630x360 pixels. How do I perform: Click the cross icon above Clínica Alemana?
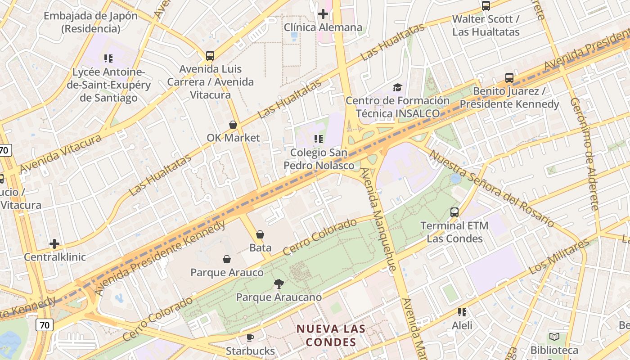(323, 14)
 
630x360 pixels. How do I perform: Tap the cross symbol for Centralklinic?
(54, 244)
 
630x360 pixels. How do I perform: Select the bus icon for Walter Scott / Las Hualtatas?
(486, 6)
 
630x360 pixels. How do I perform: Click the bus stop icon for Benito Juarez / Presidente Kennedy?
(509, 78)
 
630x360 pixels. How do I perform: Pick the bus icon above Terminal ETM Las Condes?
(454, 212)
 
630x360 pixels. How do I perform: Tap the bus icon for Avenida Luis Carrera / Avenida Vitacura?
(210, 56)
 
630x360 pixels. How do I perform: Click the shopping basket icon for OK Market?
(233, 125)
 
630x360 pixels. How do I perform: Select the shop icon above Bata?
(260, 234)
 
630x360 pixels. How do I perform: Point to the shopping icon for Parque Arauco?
(227, 259)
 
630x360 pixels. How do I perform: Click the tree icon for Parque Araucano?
(279, 284)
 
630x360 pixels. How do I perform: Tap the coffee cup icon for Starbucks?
(250, 337)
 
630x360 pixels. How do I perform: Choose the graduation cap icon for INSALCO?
(397, 87)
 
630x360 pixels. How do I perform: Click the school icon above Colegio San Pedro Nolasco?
(319, 139)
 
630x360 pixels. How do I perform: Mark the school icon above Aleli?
(462, 312)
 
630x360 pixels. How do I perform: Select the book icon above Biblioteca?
(554, 337)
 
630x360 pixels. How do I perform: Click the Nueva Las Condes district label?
(331, 335)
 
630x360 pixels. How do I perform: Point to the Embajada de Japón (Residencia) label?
(91, 22)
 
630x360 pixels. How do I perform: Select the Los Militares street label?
(559, 257)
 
